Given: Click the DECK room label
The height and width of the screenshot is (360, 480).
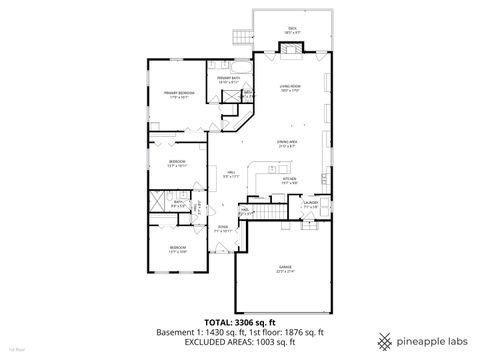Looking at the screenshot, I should coord(292,29).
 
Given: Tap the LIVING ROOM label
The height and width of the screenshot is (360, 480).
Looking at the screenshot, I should coord(291,89).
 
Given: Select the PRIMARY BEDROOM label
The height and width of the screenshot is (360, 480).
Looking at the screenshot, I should coord(178,94).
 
